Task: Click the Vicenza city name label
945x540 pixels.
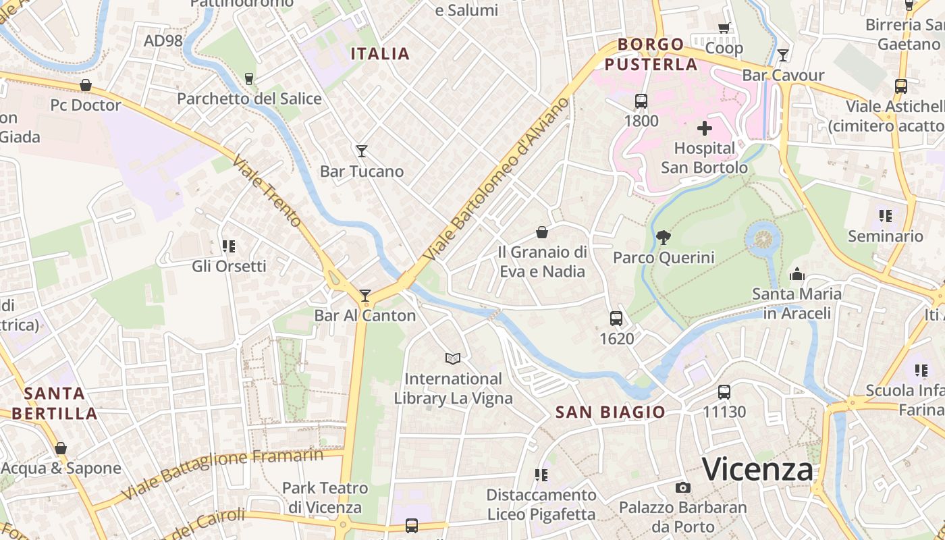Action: pos(757,469)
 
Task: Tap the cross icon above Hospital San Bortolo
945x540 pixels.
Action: pos(705,128)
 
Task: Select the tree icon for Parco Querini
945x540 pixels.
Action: pos(663,237)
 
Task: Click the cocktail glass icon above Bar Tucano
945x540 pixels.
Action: pos(362,151)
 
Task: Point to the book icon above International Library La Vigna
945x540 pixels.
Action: pos(453,358)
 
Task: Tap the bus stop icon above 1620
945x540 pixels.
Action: pos(616,318)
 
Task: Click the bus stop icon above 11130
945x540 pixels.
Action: pos(724,391)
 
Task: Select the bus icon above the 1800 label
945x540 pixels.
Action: pos(641,101)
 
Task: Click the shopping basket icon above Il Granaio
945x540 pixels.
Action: pos(541,232)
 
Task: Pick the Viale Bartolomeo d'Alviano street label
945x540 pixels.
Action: pos(497,179)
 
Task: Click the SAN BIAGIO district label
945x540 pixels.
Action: pos(610,412)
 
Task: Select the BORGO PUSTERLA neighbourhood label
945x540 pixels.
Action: pos(651,55)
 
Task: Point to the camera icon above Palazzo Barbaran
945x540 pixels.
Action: pos(682,487)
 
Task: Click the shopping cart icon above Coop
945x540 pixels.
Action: pos(724,28)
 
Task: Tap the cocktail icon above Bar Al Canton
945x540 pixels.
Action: pos(365,295)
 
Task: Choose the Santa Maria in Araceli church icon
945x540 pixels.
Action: pos(796,274)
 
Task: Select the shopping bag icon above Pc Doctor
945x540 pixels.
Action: pos(86,85)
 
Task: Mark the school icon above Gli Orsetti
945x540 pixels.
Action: pos(228,246)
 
